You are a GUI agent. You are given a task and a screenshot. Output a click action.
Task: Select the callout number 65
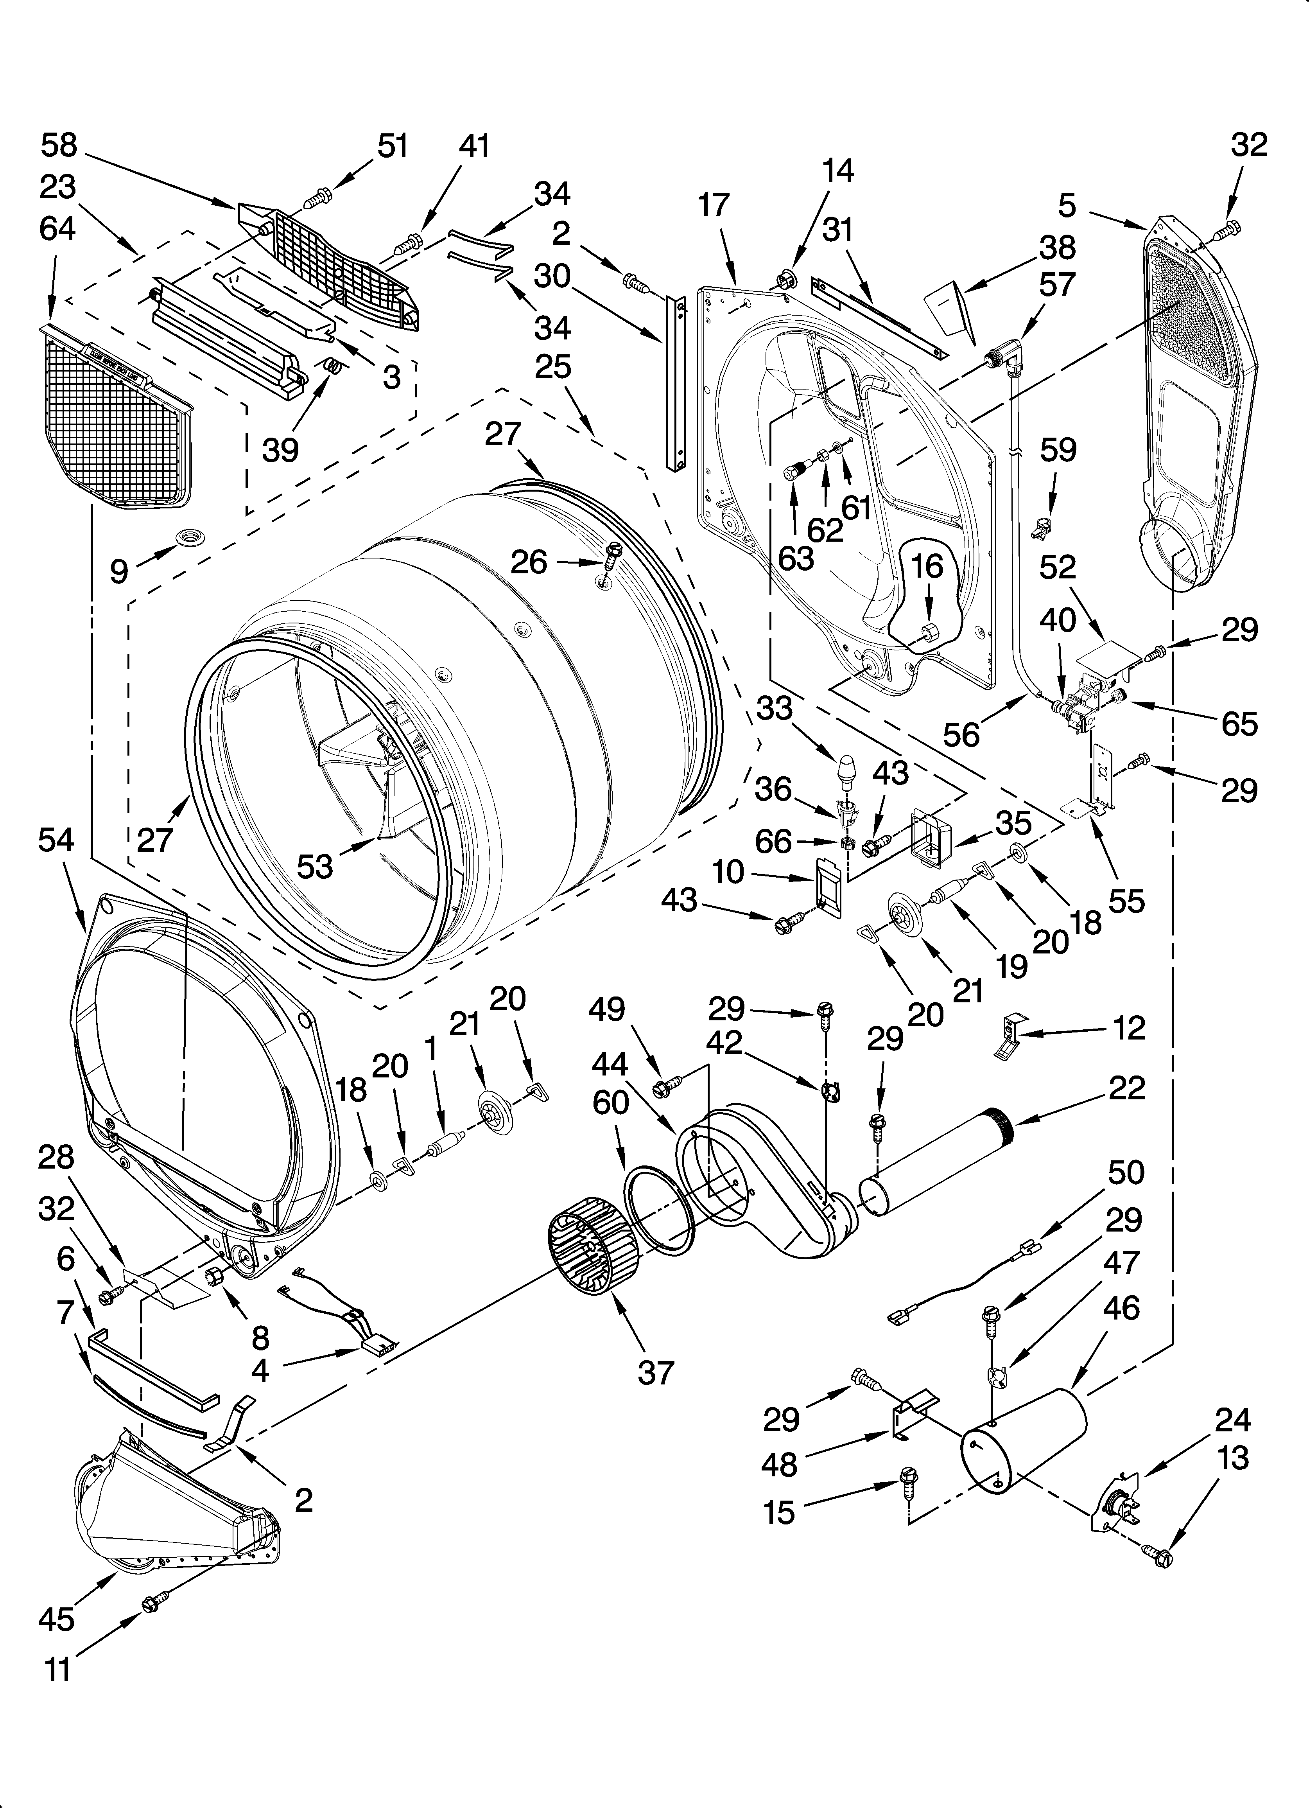1238,724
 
